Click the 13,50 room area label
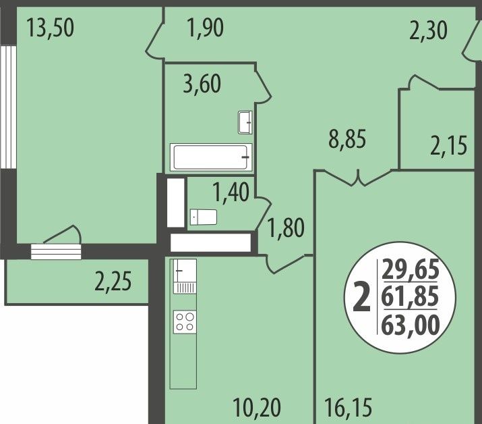point(50,28)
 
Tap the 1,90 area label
point(205,28)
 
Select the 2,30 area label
point(428,31)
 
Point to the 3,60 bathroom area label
point(202,84)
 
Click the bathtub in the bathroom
point(211,157)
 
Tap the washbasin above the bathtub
point(245,122)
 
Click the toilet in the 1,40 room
point(203,217)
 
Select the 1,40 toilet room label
point(231,192)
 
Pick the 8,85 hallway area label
point(347,139)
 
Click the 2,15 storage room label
point(449,146)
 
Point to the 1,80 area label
point(287,228)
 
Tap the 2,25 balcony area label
point(113,282)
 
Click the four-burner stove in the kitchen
point(185,322)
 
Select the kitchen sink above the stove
point(185,276)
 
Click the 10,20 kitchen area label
point(257,408)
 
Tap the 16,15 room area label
point(349,408)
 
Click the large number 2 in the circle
point(361,298)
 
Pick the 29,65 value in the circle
point(411,269)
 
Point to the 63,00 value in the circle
point(411,325)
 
